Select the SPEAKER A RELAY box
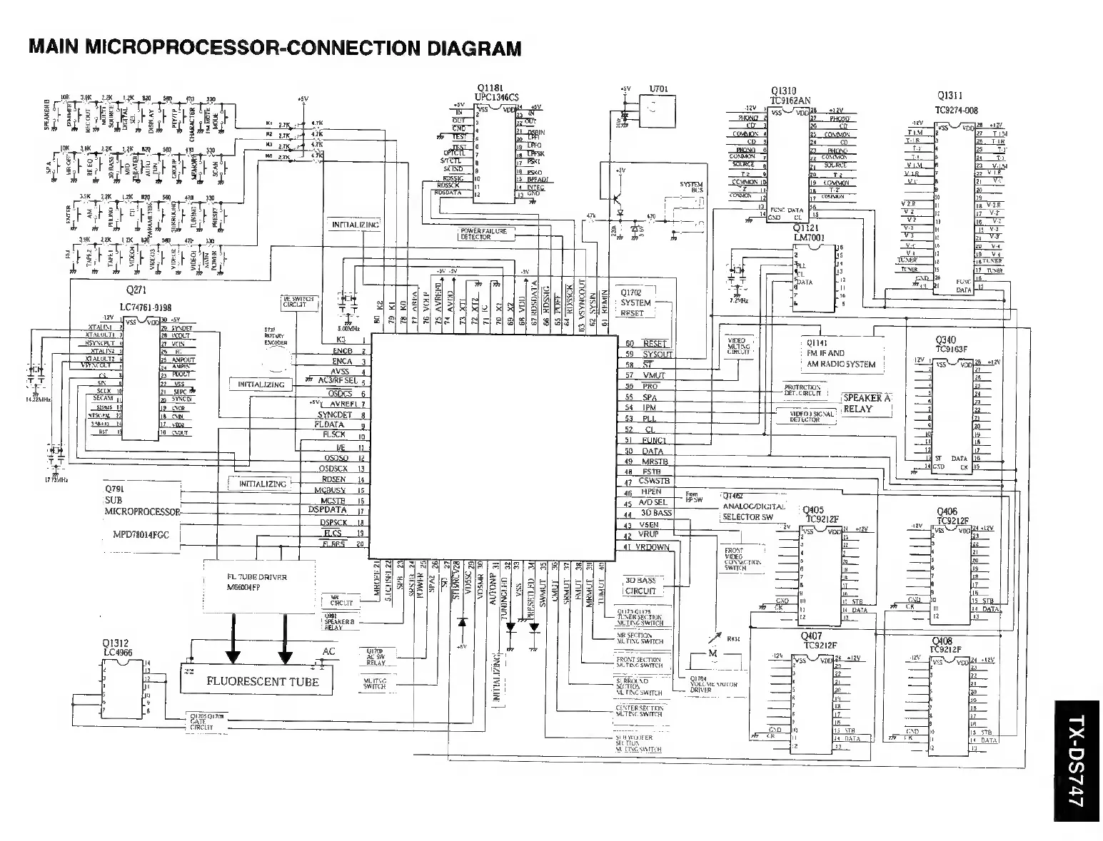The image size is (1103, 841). [x=867, y=403]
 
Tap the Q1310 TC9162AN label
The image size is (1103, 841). [x=790, y=96]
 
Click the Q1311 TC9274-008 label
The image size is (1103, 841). [x=957, y=103]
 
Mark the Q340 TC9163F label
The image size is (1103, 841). [x=950, y=345]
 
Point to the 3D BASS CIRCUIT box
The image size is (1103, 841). [x=640, y=586]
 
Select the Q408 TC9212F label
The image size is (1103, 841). [x=946, y=646]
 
